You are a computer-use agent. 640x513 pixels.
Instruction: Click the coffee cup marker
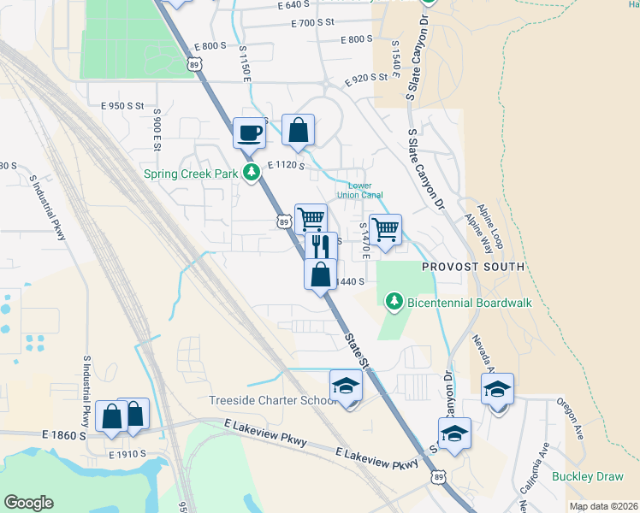(249, 133)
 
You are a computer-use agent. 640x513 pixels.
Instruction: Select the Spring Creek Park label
(190, 174)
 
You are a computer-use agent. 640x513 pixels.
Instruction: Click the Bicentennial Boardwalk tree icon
(394, 302)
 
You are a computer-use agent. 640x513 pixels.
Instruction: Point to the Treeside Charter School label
(260, 401)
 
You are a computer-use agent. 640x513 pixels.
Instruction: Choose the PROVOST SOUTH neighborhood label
(472, 267)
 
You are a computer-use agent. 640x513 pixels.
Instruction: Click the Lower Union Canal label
(365, 190)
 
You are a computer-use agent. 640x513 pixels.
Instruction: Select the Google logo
(28, 503)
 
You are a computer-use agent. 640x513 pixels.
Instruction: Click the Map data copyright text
(602, 506)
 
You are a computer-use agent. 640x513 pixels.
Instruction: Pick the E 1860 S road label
(64, 435)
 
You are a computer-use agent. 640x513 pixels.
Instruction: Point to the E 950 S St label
(121, 106)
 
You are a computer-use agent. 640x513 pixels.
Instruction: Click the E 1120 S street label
(287, 165)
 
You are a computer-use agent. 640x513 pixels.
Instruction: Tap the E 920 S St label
(367, 81)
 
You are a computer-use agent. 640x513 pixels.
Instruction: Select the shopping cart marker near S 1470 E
(385, 229)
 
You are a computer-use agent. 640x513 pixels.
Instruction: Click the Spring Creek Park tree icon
(252, 174)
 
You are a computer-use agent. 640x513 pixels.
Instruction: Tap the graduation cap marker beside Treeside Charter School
(346, 386)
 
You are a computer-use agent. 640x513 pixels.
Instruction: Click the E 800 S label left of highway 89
(210, 45)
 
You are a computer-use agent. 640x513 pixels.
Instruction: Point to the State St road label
(359, 351)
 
